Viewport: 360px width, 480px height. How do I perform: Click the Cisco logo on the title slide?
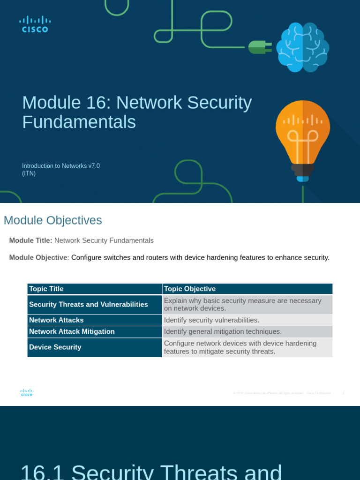35,24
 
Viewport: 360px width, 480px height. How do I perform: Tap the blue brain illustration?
302,47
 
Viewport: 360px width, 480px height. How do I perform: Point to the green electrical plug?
259,47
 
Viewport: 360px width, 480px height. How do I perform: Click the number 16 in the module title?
98,103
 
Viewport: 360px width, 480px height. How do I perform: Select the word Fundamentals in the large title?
79,122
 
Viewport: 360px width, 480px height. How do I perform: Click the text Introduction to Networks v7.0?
61,165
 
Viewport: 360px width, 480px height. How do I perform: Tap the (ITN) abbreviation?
29,173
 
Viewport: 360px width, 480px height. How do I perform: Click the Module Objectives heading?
52,220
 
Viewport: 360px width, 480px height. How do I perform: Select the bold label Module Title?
30,240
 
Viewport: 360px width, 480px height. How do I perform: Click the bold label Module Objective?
39,257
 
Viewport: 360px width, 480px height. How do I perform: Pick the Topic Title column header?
46,289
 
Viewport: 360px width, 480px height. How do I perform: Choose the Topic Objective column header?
190,289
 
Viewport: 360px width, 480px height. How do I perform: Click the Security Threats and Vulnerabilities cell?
89,305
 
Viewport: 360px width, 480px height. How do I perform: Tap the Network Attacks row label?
56,320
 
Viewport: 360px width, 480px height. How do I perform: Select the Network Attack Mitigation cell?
72,331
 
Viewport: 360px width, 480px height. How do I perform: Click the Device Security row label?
55,347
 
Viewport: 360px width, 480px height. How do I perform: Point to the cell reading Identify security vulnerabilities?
211,320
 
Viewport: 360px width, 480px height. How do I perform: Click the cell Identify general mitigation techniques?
223,331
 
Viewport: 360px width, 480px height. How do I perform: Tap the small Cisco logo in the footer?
27,393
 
